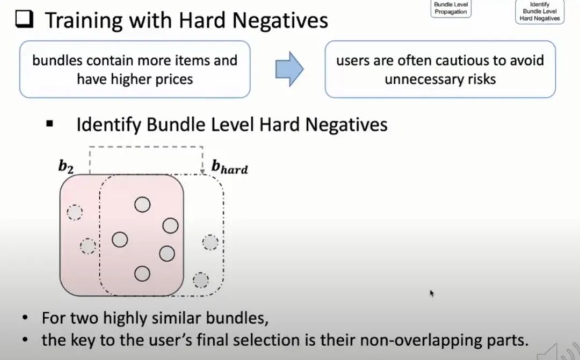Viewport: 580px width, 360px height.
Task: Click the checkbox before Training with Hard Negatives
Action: [x=25, y=21]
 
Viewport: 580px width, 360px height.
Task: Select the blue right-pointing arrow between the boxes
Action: [x=289, y=69]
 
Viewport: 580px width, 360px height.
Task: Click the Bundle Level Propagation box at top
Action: [x=451, y=8]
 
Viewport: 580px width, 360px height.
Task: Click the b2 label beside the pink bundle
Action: [x=66, y=167]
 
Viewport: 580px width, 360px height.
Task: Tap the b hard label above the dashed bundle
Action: [x=230, y=167]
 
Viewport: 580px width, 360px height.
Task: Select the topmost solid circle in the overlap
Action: [x=142, y=204]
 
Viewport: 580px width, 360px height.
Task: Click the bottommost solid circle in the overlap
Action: [x=142, y=273]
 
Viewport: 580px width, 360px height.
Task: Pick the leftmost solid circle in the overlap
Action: [x=120, y=239]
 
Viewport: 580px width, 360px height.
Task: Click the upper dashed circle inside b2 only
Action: [x=75, y=213]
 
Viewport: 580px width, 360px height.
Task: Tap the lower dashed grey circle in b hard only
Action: [x=201, y=280]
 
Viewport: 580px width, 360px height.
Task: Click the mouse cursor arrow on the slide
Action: [x=432, y=293]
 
